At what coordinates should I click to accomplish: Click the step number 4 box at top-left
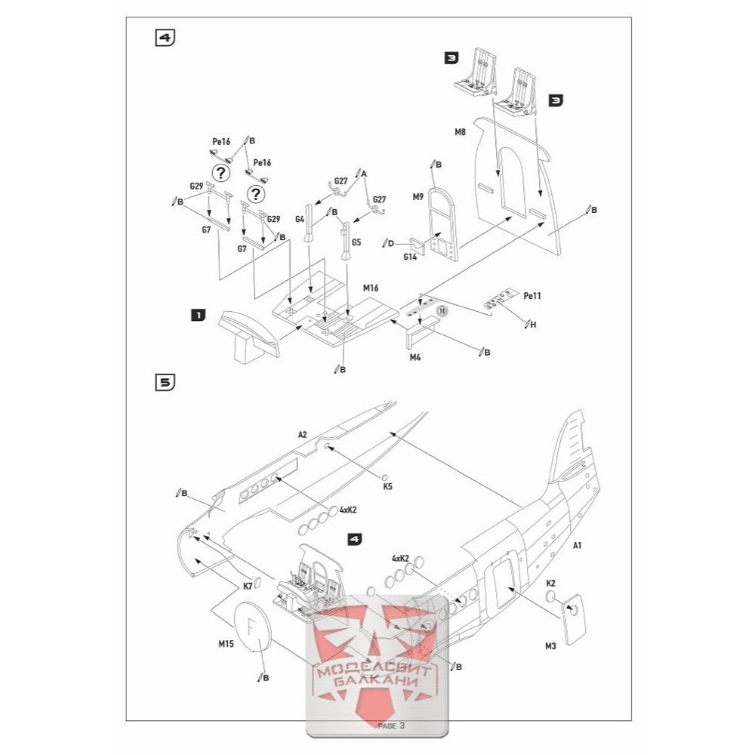(165, 39)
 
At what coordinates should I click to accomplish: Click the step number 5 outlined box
(165, 382)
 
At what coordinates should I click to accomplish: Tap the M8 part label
(460, 132)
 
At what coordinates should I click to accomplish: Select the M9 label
(418, 197)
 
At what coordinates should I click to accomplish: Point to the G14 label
(410, 257)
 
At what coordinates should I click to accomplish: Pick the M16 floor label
(370, 288)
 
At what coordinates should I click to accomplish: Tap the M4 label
(415, 357)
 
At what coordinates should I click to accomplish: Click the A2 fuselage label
(302, 434)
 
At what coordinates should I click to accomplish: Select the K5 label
(387, 487)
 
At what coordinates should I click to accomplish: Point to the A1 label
(578, 545)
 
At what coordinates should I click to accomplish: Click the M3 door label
(550, 646)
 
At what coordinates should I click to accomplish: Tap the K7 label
(248, 586)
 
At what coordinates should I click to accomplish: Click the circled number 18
(442, 310)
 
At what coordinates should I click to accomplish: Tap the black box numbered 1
(198, 316)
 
